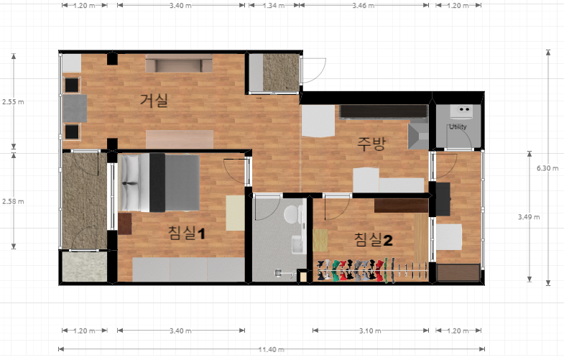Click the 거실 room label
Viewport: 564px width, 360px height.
pyautogui.click(x=154, y=101)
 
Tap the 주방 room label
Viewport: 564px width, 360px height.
pyautogui.click(x=371, y=144)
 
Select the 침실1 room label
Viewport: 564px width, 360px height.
pyautogui.click(x=186, y=233)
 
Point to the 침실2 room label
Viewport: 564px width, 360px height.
pyautogui.click(x=374, y=239)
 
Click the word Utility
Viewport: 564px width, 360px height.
pyautogui.click(x=458, y=126)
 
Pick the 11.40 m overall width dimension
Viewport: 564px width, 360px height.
pyautogui.click(x=271, y=349)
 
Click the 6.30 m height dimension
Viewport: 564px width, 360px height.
pyautogui.click(x=547, y=168)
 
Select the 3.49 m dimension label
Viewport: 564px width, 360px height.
pyautogui.click(x=529, y=217)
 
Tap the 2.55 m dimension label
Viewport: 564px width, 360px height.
pyautogui.click(x=13, y=102)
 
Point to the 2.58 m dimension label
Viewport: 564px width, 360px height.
pyautogui.click(x=13, y=201)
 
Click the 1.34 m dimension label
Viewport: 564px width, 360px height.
pyautogui.click(x=274, y=6)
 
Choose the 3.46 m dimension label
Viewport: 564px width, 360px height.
pyautogui.click(x=364, y=6)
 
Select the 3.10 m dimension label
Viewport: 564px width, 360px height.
pyautogui.click(x=370, y=331)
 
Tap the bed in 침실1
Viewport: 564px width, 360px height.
pyautogui.click(x=159, y=183)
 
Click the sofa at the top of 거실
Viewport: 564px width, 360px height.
pyautogui.click(x=179, y=64)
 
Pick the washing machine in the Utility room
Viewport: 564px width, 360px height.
pyautogui.click(x=461, y=111)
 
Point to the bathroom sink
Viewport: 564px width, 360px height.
pyautogui.click(x=298, y=244)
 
